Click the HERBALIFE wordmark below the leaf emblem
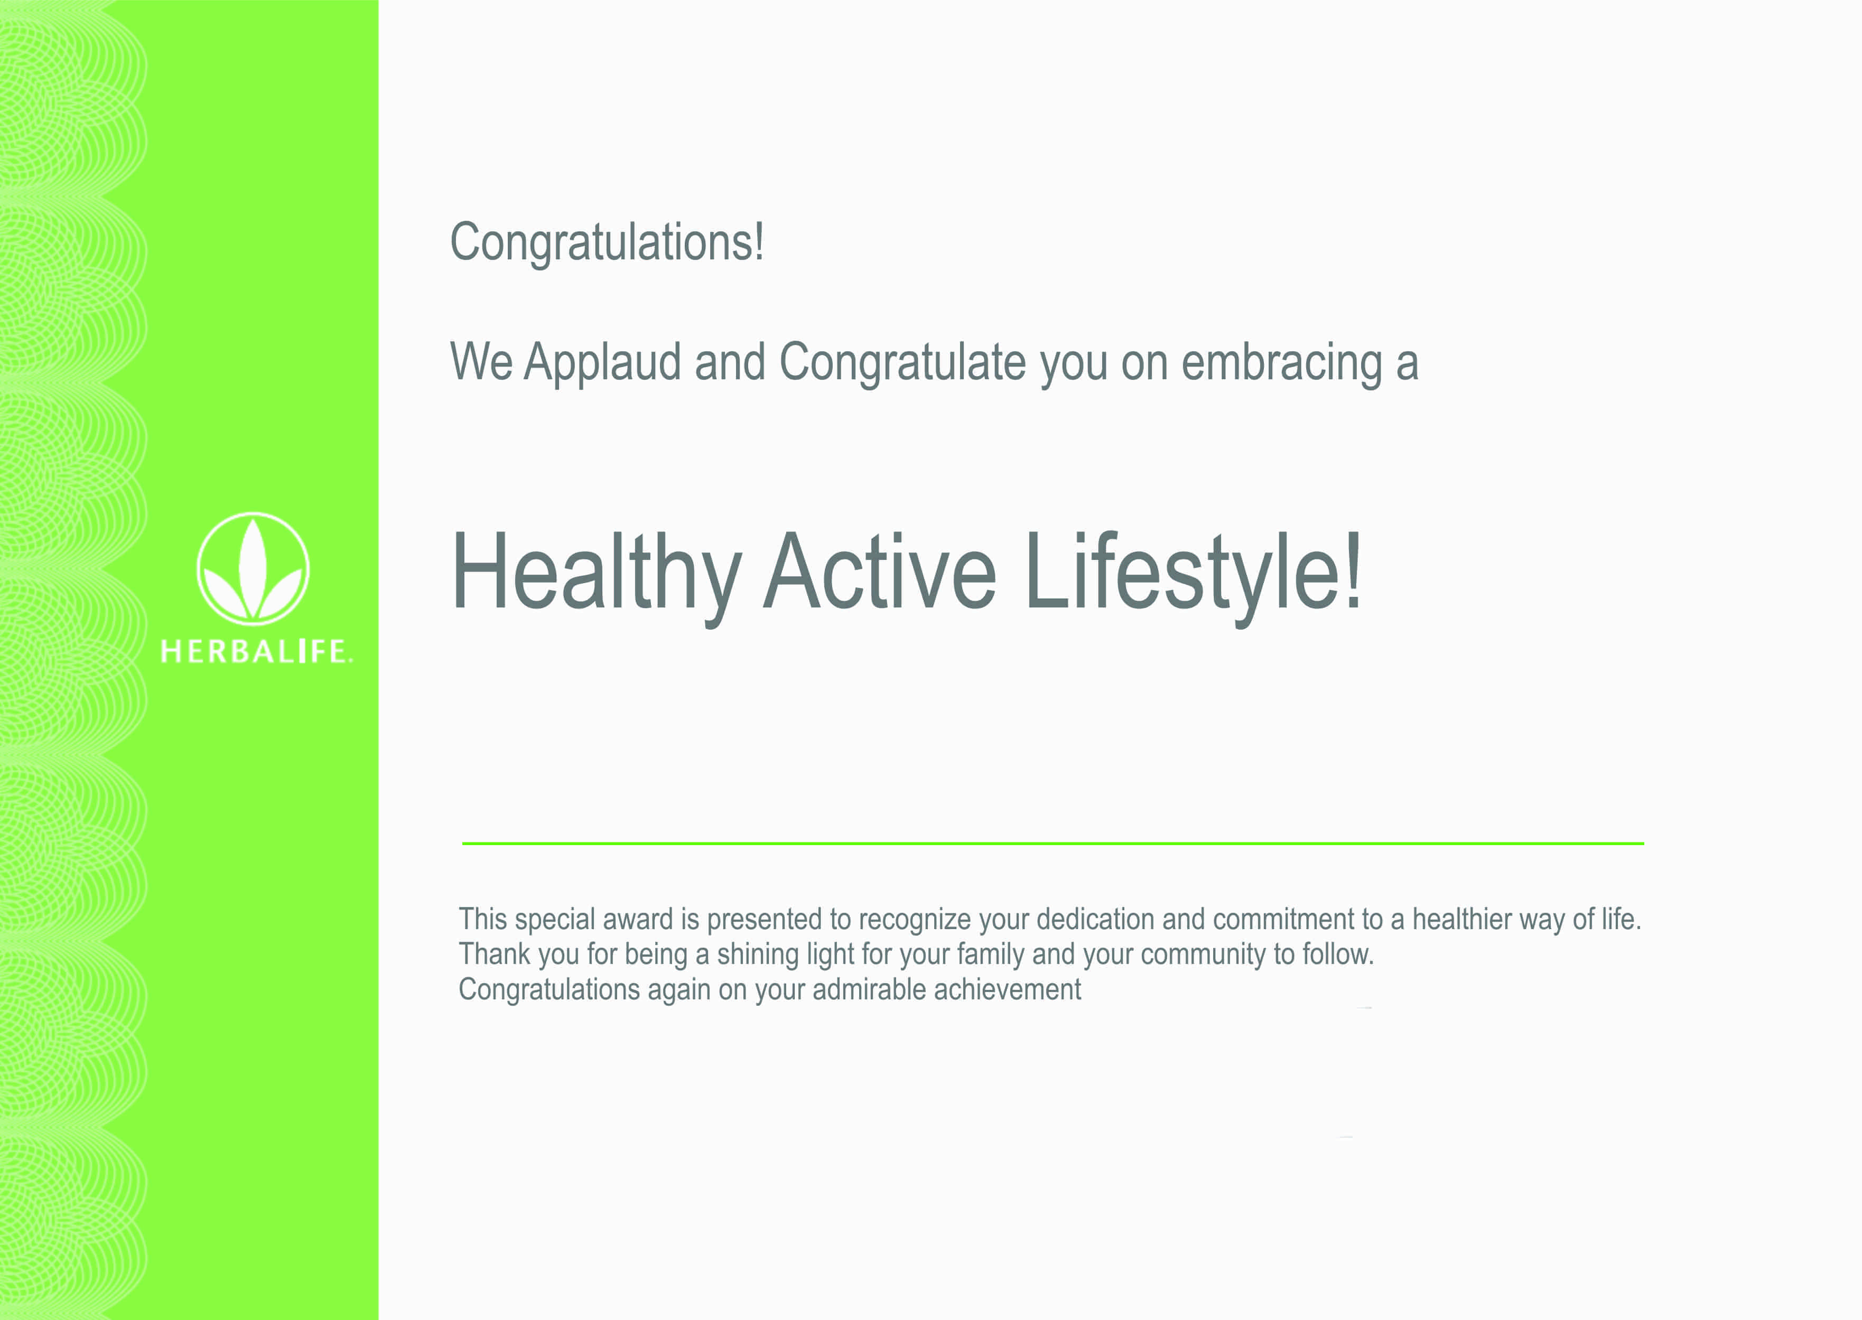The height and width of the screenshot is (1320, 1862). tap(257, 652)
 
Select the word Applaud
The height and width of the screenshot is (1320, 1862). tap(602, 362)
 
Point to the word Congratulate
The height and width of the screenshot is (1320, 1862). tap(902, 362)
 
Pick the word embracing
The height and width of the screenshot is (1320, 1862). tap(1281, 362)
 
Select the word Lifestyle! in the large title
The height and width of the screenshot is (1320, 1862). tap(1193, 573)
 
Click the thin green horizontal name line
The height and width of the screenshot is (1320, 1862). tap(1053, 844)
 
